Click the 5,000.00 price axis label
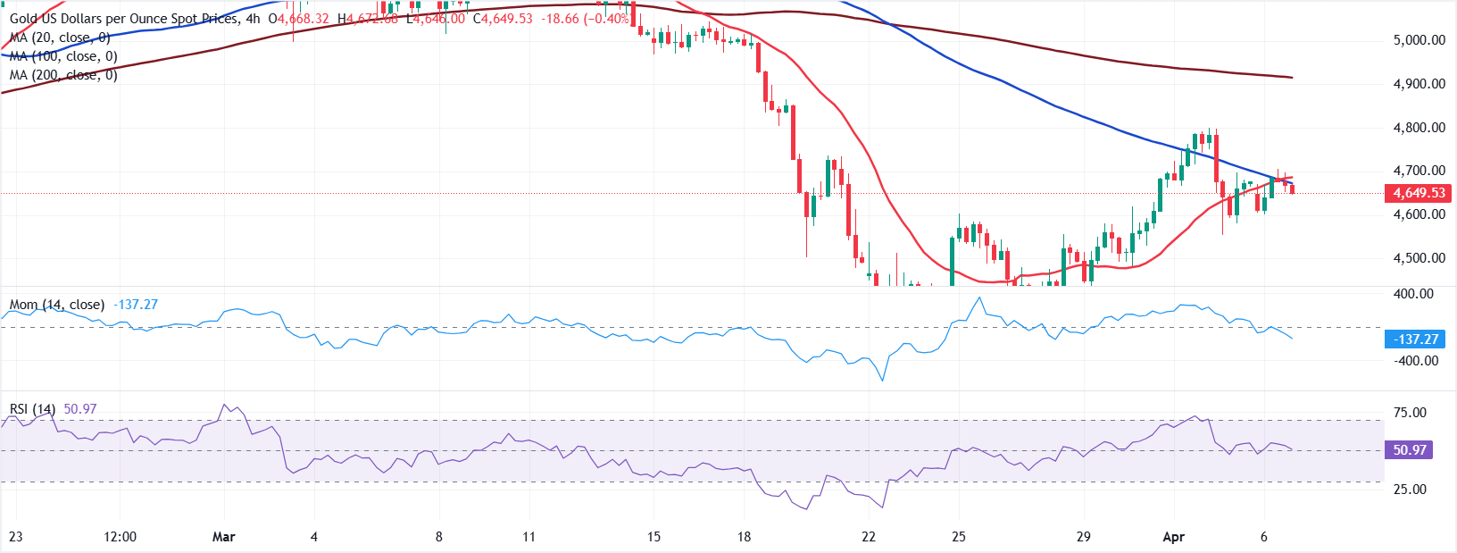coord(1419,40)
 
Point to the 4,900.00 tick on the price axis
coord(1419,84)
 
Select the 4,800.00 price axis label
coord(1419,128)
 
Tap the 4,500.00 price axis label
coord(1419,258)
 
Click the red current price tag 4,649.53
coord(1419,193)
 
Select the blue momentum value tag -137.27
coord(1415,339)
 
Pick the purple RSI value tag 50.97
coord(1409,450)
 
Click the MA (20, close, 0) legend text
coord(60,38)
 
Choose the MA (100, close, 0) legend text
coord(63,56)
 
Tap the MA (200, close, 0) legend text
coord(63,75)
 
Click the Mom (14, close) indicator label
coord(57,305)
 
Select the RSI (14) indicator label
coord(33,409)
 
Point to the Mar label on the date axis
coord(224,537)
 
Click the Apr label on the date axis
coord(1174,537)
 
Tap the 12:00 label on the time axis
coord(121,537)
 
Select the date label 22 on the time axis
coord(869,537)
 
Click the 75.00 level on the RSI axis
coord(1410,413)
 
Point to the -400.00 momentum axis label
coord(1416,361)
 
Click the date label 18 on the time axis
coord(744,537)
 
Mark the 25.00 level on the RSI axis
coord(1410,490)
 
